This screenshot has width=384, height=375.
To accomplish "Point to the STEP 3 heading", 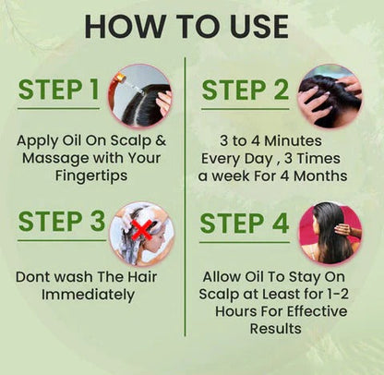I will (x=59, y=224).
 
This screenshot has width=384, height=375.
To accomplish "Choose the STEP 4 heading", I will (x=245, y=224).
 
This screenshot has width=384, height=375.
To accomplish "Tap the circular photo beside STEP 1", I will (x=141, y=95).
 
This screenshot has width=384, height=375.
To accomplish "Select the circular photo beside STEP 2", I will (x=329, y=95).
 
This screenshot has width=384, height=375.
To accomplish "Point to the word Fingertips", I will (x=92, y=175).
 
